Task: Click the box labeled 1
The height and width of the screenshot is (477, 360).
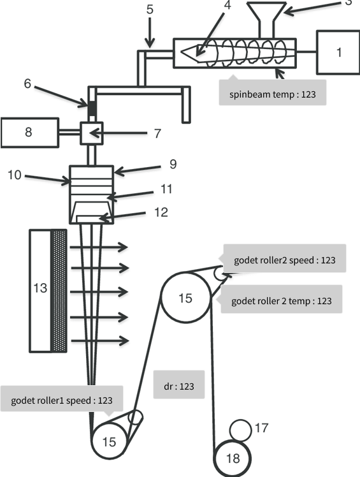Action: click(x=338, y=52)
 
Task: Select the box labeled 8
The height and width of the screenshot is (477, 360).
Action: click(x=30, y=133)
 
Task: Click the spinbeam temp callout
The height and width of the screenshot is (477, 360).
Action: click(x=273, y=92)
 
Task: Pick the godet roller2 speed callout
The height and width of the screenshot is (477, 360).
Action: click(x=285, y=258)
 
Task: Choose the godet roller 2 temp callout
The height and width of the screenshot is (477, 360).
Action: click(x=281, y=299)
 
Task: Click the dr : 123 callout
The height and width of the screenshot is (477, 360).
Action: click(x=179, y=385)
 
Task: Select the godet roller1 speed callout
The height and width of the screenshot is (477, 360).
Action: click(x=62, y=400)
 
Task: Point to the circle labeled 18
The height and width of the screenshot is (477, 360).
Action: click(x=233, y=458)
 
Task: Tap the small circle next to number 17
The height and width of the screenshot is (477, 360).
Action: click(x=240, y=430)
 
